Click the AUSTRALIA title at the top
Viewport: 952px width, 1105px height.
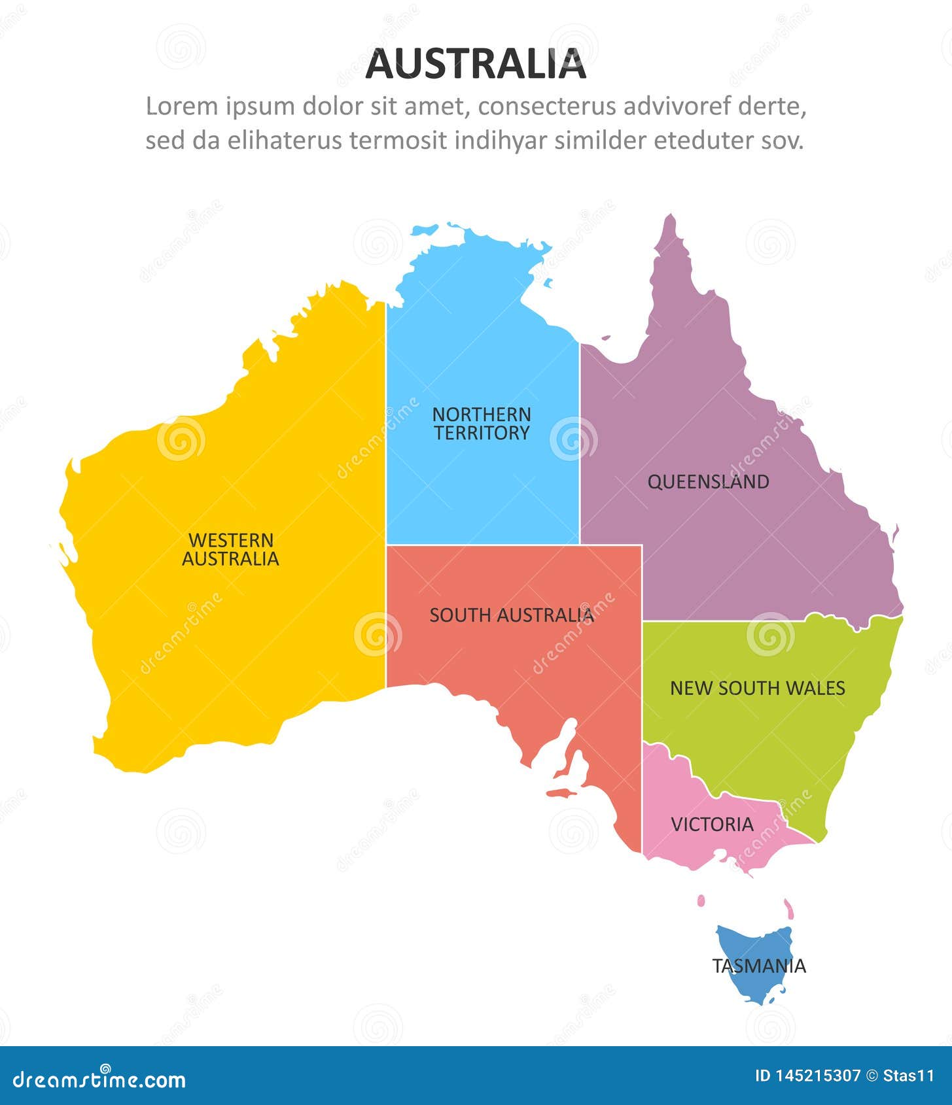(x=476, y=64)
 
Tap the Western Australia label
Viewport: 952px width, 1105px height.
(x=230, y=549)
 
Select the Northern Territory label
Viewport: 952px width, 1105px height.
(x=482, y=424)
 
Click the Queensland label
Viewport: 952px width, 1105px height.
(x=708, y=482)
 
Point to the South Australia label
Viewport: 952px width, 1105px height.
(x=512, y=615)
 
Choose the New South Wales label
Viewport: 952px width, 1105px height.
(x=757, y=688)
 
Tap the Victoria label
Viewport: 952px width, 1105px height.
(x=712, y=824)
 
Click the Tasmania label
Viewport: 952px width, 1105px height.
(x=759, y=966)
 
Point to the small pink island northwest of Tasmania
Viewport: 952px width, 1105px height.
(x=701, y=901)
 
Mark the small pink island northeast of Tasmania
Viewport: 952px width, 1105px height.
(x=789, y=908)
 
